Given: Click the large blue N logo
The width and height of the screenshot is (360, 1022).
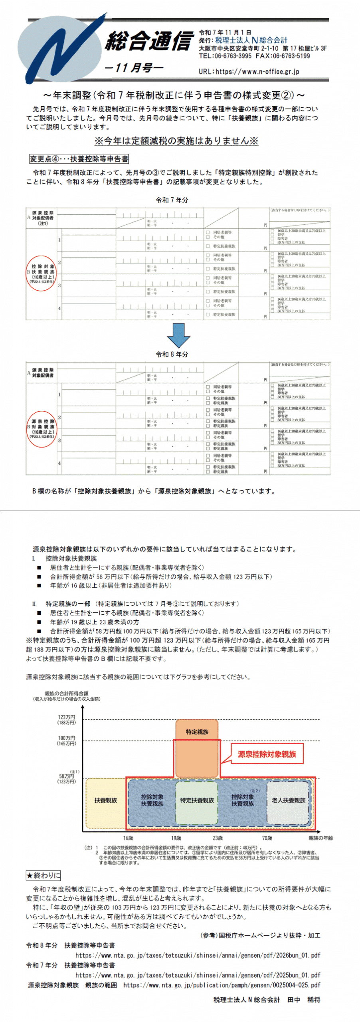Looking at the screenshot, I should pos(60,48).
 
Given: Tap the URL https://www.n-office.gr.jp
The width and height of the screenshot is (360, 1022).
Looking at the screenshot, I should pos(249,72).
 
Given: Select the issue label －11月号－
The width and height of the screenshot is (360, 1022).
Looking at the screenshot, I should pos(133,68).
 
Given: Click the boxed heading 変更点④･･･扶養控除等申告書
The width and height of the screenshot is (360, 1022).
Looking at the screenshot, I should pos(79,159).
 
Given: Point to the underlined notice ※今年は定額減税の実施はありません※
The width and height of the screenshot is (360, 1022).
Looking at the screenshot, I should pos(176,141).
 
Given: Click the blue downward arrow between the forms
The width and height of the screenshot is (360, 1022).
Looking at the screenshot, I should pos(178,335).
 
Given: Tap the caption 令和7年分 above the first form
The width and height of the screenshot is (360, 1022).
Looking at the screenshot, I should pos(172,200).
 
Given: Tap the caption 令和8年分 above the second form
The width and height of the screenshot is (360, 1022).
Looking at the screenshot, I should pos(172,354).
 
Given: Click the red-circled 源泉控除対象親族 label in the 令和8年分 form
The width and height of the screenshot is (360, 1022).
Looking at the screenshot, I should pos(42,429).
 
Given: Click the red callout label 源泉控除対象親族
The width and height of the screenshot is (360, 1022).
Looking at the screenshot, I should pos(267,754).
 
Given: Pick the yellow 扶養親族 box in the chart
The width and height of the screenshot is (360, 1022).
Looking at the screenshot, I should pos(106,800).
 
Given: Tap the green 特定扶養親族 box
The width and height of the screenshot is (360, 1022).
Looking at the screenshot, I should pos(197,800).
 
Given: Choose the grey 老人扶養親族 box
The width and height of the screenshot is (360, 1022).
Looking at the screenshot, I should pos(289,800).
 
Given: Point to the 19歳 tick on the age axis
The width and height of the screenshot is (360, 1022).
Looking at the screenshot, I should pos(176,838).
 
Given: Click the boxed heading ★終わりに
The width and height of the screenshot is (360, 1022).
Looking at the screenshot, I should pos(43,876).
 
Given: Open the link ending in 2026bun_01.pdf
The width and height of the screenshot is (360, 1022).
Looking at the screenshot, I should pos(198,955).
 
